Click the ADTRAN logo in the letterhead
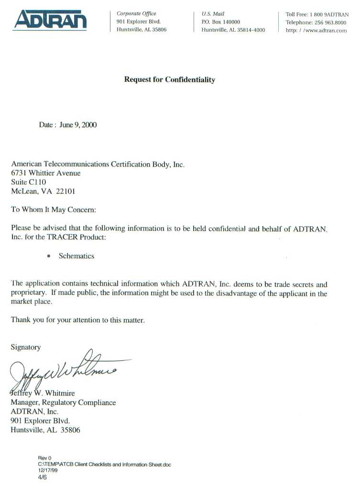pos(50,20)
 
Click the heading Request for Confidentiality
pos(169,80)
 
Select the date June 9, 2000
pos(78,125)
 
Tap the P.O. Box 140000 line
pos(221,22)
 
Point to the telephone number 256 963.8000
pos(330,22)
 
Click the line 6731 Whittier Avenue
pos(46,173)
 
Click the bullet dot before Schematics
pos(48,256)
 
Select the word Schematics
pos(76,256)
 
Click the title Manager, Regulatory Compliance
pos(63,403)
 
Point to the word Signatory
pos(26,347)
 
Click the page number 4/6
pos(42,476)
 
